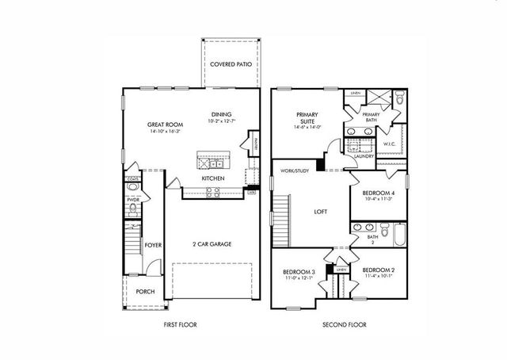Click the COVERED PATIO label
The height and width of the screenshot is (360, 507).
[x=231, y=63]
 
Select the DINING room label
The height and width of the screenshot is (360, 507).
[x=222, y=113]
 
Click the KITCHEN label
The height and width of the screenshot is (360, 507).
[x=213, y=178]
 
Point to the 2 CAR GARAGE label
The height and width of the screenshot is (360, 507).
[x=212, y=243]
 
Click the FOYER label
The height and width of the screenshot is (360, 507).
[x=153, y=246]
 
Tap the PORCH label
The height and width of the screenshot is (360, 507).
[x=145, y=291]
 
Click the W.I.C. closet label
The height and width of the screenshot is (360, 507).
[x=390, y=144]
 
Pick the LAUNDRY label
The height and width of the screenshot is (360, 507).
[x=364, y=156]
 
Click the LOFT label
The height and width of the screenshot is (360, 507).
[x=321, y=211]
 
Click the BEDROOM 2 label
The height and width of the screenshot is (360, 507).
[x=379, y=270]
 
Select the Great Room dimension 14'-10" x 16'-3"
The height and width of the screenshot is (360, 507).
[x=164, y=131]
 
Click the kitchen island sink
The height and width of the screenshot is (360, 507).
[x=208, y=163]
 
